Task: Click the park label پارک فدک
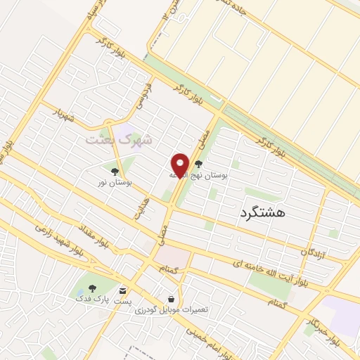click(x=92, y=298)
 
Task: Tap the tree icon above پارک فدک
click(x=92, y=288)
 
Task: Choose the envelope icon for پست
click(x=124, y=290)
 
